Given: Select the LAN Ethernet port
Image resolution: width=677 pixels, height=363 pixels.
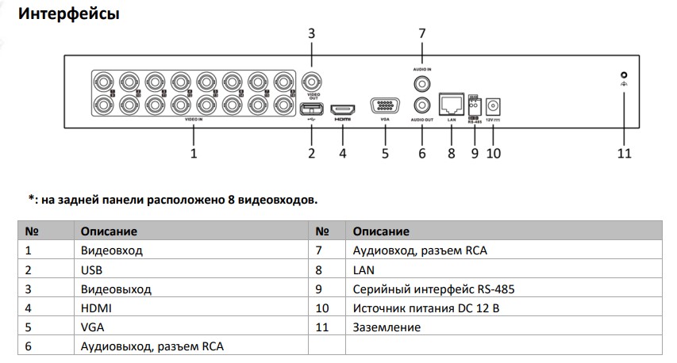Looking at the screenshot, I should [451, 101].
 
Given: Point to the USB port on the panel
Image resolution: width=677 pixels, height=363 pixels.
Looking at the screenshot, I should [311, 109].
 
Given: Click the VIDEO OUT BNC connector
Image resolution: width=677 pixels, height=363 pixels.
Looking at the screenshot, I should [311, 82].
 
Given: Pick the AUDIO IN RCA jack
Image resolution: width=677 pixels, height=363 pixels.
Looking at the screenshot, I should [421, 82].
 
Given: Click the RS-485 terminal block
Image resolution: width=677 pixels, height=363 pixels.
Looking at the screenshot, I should [475, 103].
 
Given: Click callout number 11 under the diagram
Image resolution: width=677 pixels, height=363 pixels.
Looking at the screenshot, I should [624, 153].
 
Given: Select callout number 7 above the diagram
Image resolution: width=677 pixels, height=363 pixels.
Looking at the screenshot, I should [421, 33].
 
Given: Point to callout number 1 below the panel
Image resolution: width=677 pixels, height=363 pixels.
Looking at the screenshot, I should [193, 153].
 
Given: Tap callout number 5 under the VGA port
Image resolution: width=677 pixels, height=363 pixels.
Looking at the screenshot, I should [386, 153].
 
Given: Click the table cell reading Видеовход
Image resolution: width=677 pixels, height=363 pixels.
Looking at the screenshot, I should [111, 250].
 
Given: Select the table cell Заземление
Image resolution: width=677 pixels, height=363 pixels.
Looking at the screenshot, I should [386, 327].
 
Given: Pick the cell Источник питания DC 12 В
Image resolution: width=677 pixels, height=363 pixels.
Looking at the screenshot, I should [425, 308].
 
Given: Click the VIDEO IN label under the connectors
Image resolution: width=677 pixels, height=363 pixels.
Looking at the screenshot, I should [193, 119].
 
